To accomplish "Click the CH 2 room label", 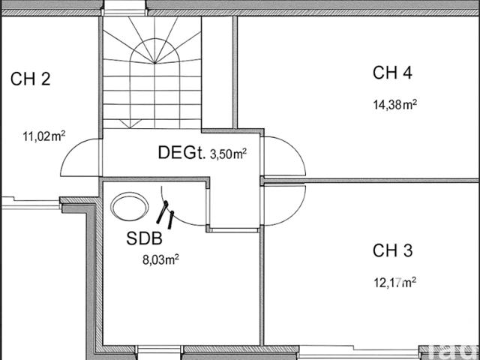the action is click(30, 79).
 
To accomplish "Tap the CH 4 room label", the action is click(392, 73).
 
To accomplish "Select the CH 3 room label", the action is click(392, 250).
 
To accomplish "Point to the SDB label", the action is click(144, 238).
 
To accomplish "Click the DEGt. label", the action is click(181, 152).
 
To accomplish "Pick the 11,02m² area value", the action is click(44, 136).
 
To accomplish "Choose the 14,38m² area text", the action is click(395, 105).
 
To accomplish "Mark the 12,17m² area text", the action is click(395, 282).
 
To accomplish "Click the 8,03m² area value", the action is click(160, 260).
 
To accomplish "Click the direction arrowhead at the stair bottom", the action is click(130, 124).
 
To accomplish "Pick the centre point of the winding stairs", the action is click(155, 63).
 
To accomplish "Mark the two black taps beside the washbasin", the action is click(165, 214).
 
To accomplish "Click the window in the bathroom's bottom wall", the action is click(160, 352).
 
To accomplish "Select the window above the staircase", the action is click(124, 7).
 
